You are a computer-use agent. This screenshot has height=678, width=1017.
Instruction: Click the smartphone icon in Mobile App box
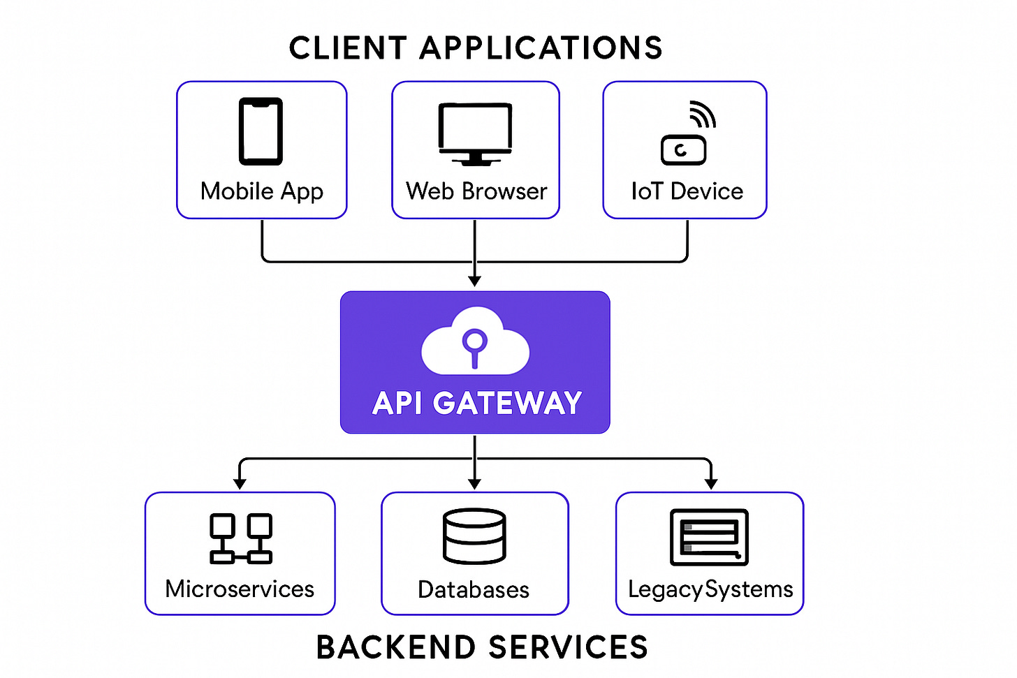[261, 131]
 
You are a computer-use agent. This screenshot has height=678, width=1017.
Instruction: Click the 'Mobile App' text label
[261, 191]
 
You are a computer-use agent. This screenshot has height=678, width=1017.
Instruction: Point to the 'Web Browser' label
[476, 191]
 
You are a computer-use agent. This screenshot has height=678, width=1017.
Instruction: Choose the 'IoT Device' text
[687, 191]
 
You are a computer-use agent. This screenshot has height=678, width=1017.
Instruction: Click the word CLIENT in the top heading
[347, 49]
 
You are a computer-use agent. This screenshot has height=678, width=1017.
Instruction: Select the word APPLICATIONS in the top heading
[541, 49]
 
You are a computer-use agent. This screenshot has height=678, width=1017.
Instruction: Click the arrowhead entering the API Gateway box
[475, 281]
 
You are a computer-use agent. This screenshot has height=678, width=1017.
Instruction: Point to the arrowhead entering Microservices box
[240, 483]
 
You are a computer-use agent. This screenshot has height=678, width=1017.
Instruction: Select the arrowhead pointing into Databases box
[475, 483]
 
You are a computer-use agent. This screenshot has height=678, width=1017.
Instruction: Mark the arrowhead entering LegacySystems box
[711, 483]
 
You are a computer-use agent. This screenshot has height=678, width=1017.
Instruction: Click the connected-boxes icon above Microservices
[240, 538]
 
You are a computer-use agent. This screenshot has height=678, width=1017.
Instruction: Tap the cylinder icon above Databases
[474, 536]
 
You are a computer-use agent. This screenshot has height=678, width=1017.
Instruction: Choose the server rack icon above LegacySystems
[709, 537]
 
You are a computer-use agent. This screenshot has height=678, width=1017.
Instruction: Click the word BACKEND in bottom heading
[395, 647]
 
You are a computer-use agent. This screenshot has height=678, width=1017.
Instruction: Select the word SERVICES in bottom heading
[568, 647]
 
